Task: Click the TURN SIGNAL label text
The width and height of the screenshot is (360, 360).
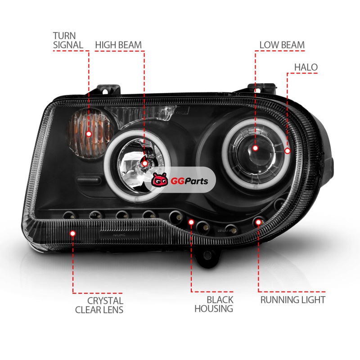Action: (x=68, y=40)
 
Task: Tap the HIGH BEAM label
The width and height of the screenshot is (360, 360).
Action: (x=118, y=45)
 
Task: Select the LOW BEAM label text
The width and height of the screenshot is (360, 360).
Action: (x=282, y=45)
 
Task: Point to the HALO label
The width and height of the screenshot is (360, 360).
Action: (x=306, y=67)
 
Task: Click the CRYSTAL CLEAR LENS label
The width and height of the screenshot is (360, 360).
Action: (x=99, y=305)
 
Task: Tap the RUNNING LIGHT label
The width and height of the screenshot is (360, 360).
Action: (x=293, y=300)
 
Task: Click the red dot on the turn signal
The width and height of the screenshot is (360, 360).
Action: (x=89, y=134)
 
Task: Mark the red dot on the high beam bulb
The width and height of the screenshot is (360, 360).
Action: (x=145, y=163)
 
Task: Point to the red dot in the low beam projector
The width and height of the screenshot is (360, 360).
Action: (x=255, y=148)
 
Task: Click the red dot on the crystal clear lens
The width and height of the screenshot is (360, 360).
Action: (x=73, y=233)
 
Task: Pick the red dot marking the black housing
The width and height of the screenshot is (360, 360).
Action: (x=191, y=222)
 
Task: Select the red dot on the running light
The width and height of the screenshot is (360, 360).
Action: (x=258, y=222)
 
